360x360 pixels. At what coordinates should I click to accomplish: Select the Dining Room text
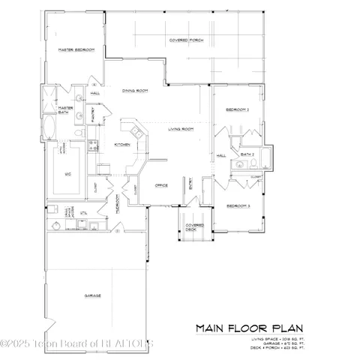pyautogui.click(x=135, y=90)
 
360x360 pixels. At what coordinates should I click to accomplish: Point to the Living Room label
pyautogui.click(x=181, y=129)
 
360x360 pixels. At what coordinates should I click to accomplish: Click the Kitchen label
pyautogui.click(x=122, y=144)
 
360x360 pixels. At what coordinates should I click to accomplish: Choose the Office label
pyautogui.click(x=160, y=184)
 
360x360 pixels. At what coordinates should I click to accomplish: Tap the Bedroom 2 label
pyautogui.click(x=237, y=109)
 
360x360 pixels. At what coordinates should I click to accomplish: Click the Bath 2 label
pyautogui.click(x=247, y=154)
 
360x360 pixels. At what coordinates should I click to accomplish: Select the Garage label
pyautogui.click(x=93, y=295)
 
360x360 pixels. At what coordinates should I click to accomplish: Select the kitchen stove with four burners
pyautogui.click(x=93, y=146)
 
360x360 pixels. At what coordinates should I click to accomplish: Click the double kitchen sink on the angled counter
pyautogui.click(x=129, y=126)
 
